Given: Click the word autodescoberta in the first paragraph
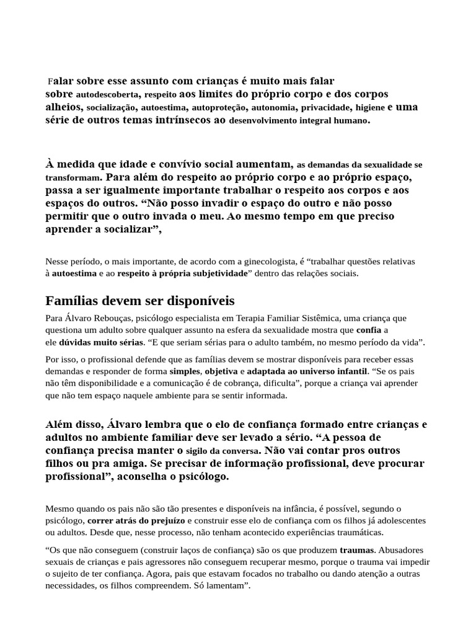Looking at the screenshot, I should [108, 95].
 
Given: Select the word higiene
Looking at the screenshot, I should [370, 108].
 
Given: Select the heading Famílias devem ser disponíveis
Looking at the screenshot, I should [140, 301].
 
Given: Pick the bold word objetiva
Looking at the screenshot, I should [221, 371].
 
